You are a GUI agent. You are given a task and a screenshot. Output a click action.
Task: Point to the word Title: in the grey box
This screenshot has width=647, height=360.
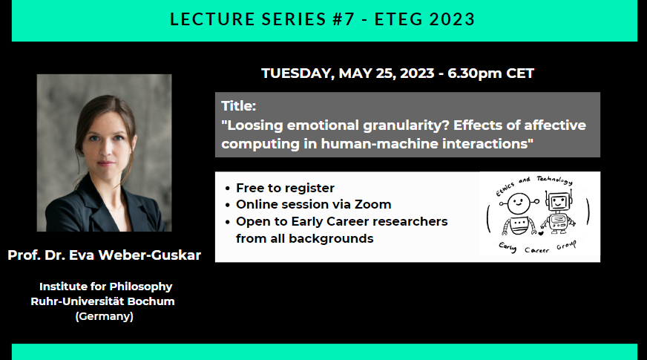239,105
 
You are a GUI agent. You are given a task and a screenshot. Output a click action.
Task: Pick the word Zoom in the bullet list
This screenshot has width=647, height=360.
376,204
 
